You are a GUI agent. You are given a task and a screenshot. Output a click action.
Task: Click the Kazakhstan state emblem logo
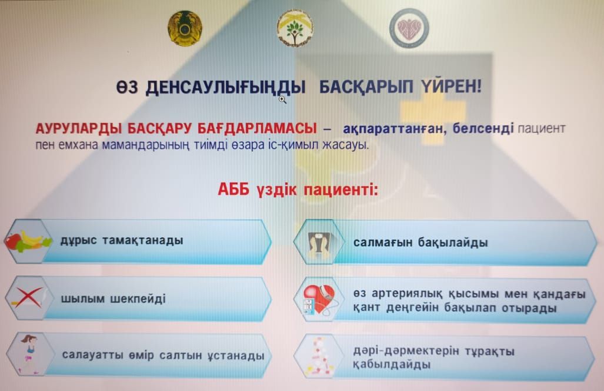pyautogui.click(x=185, y=28)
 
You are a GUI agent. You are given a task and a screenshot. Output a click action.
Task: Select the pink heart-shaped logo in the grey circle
pyautogui.click(x=409, y=28)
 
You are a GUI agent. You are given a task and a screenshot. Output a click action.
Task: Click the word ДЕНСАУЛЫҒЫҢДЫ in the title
pyautogui.click(x=225, y=88)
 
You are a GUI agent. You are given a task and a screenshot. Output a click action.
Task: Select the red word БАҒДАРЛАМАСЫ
pyautogui.click(x=256, y=128)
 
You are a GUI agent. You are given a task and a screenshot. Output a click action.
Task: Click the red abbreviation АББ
pyautogui.click(x=234, y=190)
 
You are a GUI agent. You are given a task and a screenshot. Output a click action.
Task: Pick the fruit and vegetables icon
pyautogui.click(x=28, y=241)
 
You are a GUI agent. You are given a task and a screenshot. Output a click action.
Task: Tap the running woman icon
pyautogui.click(x=29, y=354)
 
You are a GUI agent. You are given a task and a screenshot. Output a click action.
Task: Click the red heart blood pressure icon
pyautogui.click(x=318, y=300)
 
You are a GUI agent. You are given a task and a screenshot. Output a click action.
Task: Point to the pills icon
pyautogui.click(x=319, y=357)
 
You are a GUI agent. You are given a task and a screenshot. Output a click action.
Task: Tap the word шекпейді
pyautogui.click(x=138, y=299)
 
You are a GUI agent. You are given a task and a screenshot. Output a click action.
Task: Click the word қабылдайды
pyautogui.click(x=391, y=365)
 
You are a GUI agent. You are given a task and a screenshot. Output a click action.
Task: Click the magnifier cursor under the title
pyautogui.click(x=282, y=100)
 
